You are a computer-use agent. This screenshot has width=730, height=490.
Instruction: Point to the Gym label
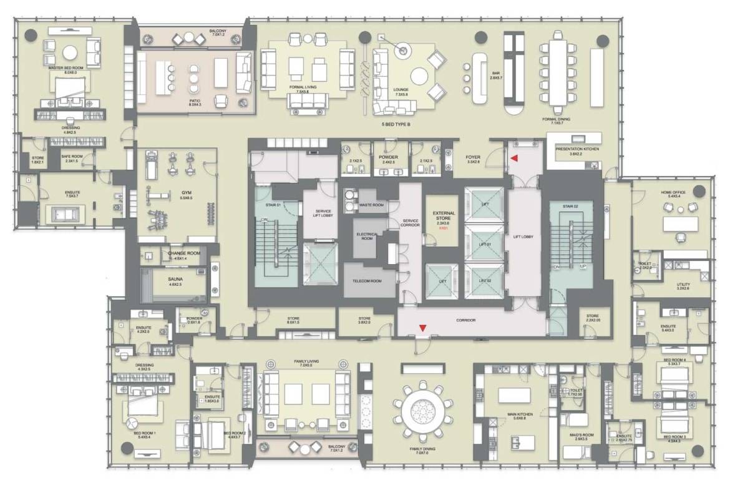(x=187, y=194)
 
